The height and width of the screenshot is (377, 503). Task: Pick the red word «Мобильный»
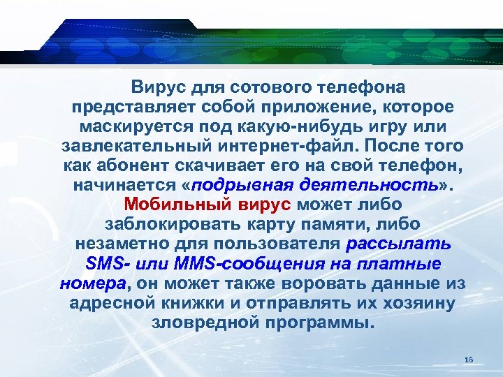[x=167, y=206]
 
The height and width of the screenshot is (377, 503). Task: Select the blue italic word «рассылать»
[x=399, y=245]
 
